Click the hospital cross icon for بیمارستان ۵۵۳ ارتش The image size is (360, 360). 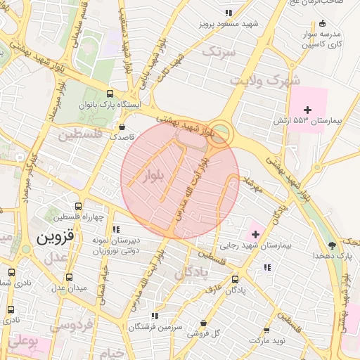point(307,109)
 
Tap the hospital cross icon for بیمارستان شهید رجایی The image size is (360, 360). point(255,233)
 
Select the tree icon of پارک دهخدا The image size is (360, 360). point(332,245)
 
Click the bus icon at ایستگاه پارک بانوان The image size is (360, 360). point(110,94)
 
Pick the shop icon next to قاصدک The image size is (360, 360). point(124,127)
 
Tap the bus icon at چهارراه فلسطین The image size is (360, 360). point(77,207)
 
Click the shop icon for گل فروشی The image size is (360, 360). point(204,323)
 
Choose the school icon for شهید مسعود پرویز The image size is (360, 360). point(228,13)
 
